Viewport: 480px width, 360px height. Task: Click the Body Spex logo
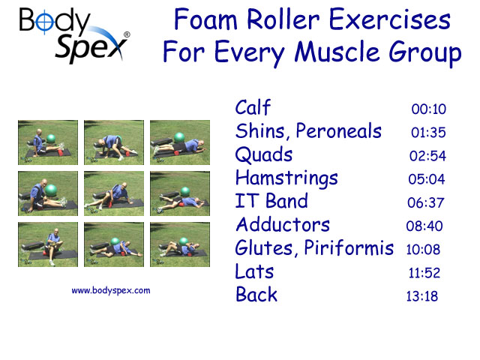coord(74,35)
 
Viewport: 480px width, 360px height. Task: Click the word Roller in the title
coord(283,19)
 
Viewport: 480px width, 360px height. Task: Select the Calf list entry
coord(253,107)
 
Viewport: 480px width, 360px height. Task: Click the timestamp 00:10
coord(428,109)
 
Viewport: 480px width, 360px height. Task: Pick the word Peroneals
coord(338,131)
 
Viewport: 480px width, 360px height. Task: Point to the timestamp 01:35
coord(428,133)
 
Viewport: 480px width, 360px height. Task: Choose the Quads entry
coord(263,155)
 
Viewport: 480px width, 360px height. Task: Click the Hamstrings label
coord(286,178)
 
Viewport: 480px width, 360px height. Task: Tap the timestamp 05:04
coord(427,179)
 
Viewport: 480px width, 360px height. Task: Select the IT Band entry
coord(271,201)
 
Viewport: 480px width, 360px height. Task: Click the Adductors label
coord(283,224)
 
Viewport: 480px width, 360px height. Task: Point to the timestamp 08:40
coord(424,226)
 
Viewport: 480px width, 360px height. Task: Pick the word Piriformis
coord(349,247)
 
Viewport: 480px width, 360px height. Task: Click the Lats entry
coord(254,271)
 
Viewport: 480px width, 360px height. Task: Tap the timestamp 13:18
coord(421,296)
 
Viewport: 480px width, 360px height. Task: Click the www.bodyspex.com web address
coord(111,290)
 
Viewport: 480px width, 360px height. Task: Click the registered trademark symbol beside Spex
coord(127,34)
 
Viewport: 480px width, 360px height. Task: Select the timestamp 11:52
coord(424,273)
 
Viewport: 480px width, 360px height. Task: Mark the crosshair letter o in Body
coord(45,22)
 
